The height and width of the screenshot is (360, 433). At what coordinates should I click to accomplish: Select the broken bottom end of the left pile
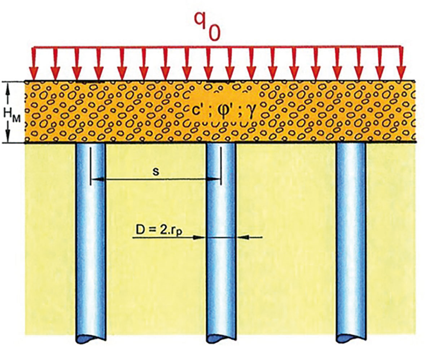tap(91, 339)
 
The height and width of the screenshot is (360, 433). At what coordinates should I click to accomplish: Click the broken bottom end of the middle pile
tap(220, 339)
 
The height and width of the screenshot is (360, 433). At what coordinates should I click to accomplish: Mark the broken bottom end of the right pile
tap(350, 339)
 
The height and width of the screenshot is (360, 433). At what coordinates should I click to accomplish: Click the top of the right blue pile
tap(351, 146)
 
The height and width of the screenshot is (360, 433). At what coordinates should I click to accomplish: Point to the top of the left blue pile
tap(91, 146)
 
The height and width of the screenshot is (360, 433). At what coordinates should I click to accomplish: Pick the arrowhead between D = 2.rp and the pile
tap(201, 237)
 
